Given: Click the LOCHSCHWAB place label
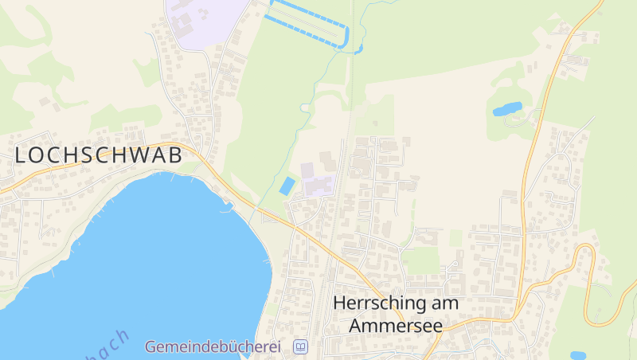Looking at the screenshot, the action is tap(99, 155).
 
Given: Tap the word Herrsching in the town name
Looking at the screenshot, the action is tap(376, 303).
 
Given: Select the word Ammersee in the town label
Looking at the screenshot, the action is tap(394, 326).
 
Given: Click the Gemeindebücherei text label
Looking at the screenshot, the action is tap(213, 347).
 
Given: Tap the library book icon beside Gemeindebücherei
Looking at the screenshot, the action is tap(300, 347).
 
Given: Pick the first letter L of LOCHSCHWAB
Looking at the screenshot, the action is tap(21, 155).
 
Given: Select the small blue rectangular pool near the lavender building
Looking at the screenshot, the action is tap(286, 186).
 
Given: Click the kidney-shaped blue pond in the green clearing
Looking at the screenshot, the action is tap(507, 108).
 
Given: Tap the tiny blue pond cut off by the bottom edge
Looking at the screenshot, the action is tap(577, 355).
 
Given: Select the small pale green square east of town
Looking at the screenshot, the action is tap(455, 237).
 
